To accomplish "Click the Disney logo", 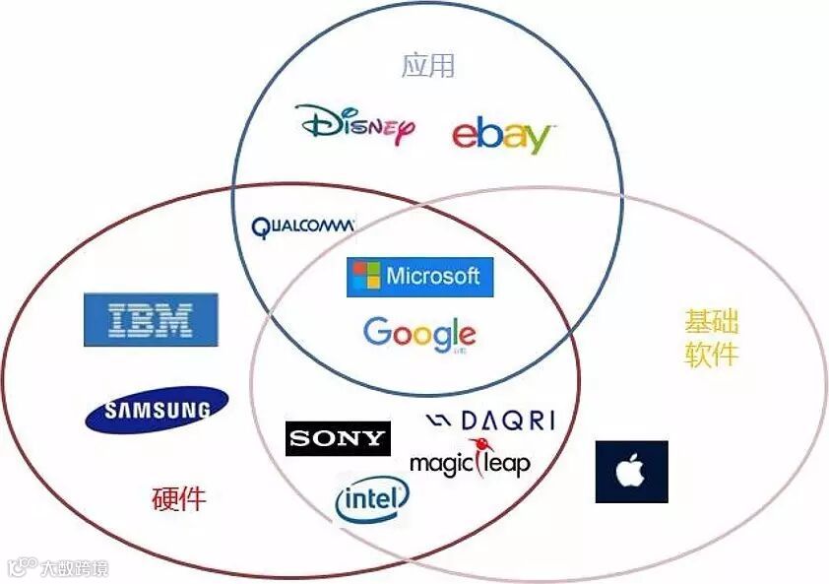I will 355,124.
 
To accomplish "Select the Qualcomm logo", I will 302,227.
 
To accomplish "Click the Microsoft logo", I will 419,276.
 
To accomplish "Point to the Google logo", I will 419,334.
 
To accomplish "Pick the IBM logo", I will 151,319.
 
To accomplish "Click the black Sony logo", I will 338,439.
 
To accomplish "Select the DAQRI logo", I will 490,422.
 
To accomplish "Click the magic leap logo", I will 470,461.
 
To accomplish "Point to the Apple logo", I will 631,472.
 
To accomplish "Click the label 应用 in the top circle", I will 428,65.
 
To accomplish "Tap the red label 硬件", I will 179,498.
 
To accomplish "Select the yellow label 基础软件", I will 711,338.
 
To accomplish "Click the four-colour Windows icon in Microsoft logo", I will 367,276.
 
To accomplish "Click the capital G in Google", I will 377,332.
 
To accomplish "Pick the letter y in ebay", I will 536,139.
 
